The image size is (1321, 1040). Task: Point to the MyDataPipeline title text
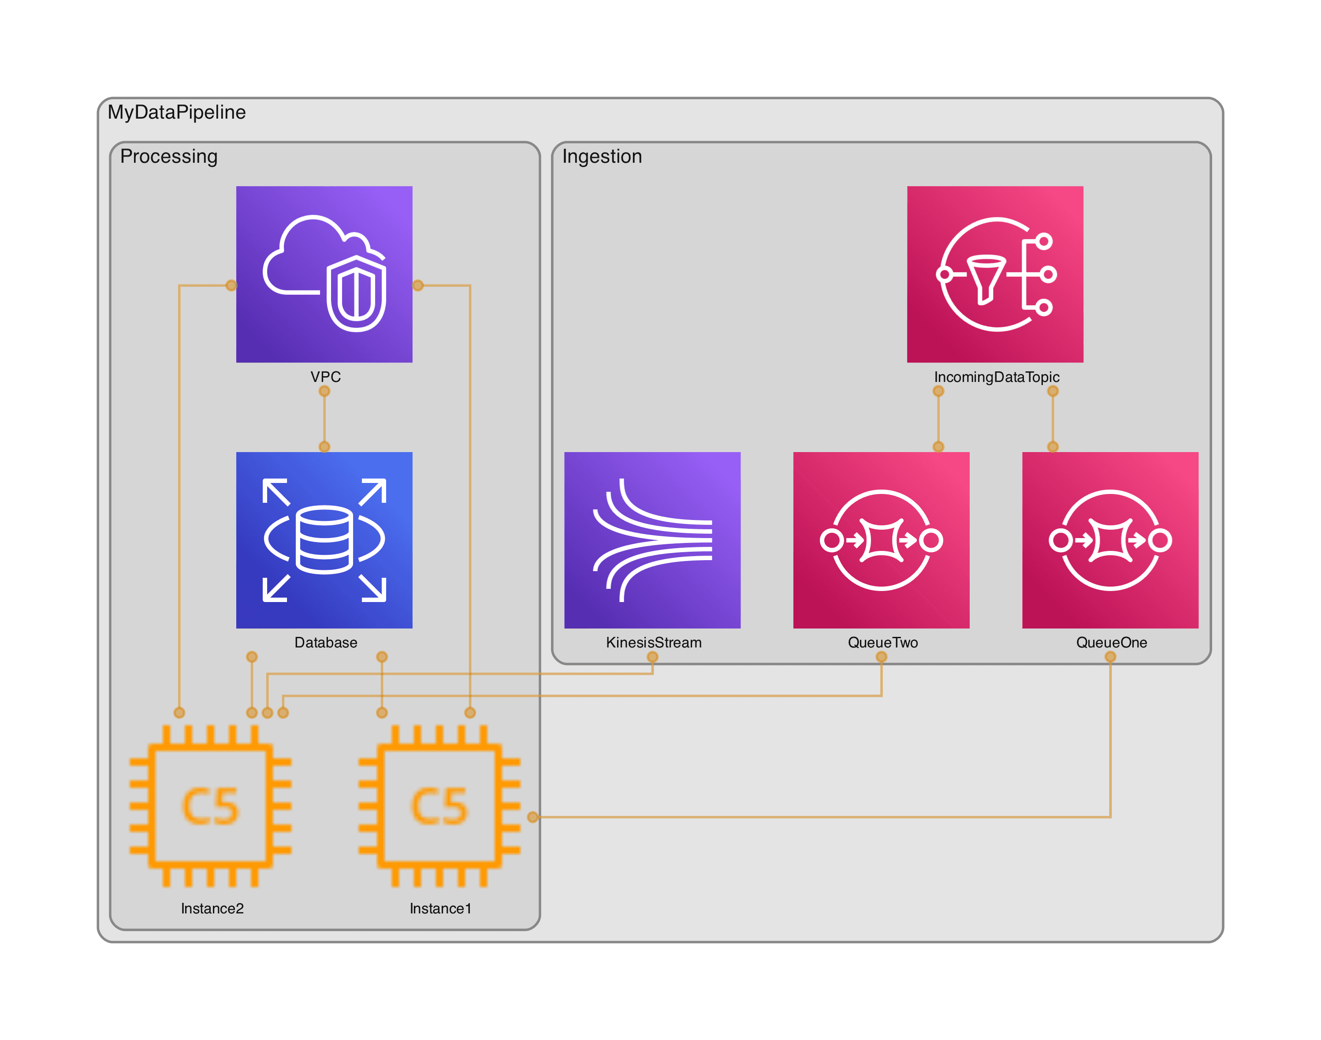coord(176,112)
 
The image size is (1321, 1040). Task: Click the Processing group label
coord(168,157)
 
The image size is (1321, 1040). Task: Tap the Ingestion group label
coord(601,157)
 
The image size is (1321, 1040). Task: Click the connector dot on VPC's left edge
coord(231,285)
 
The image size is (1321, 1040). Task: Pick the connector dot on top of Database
coord(324,446)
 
